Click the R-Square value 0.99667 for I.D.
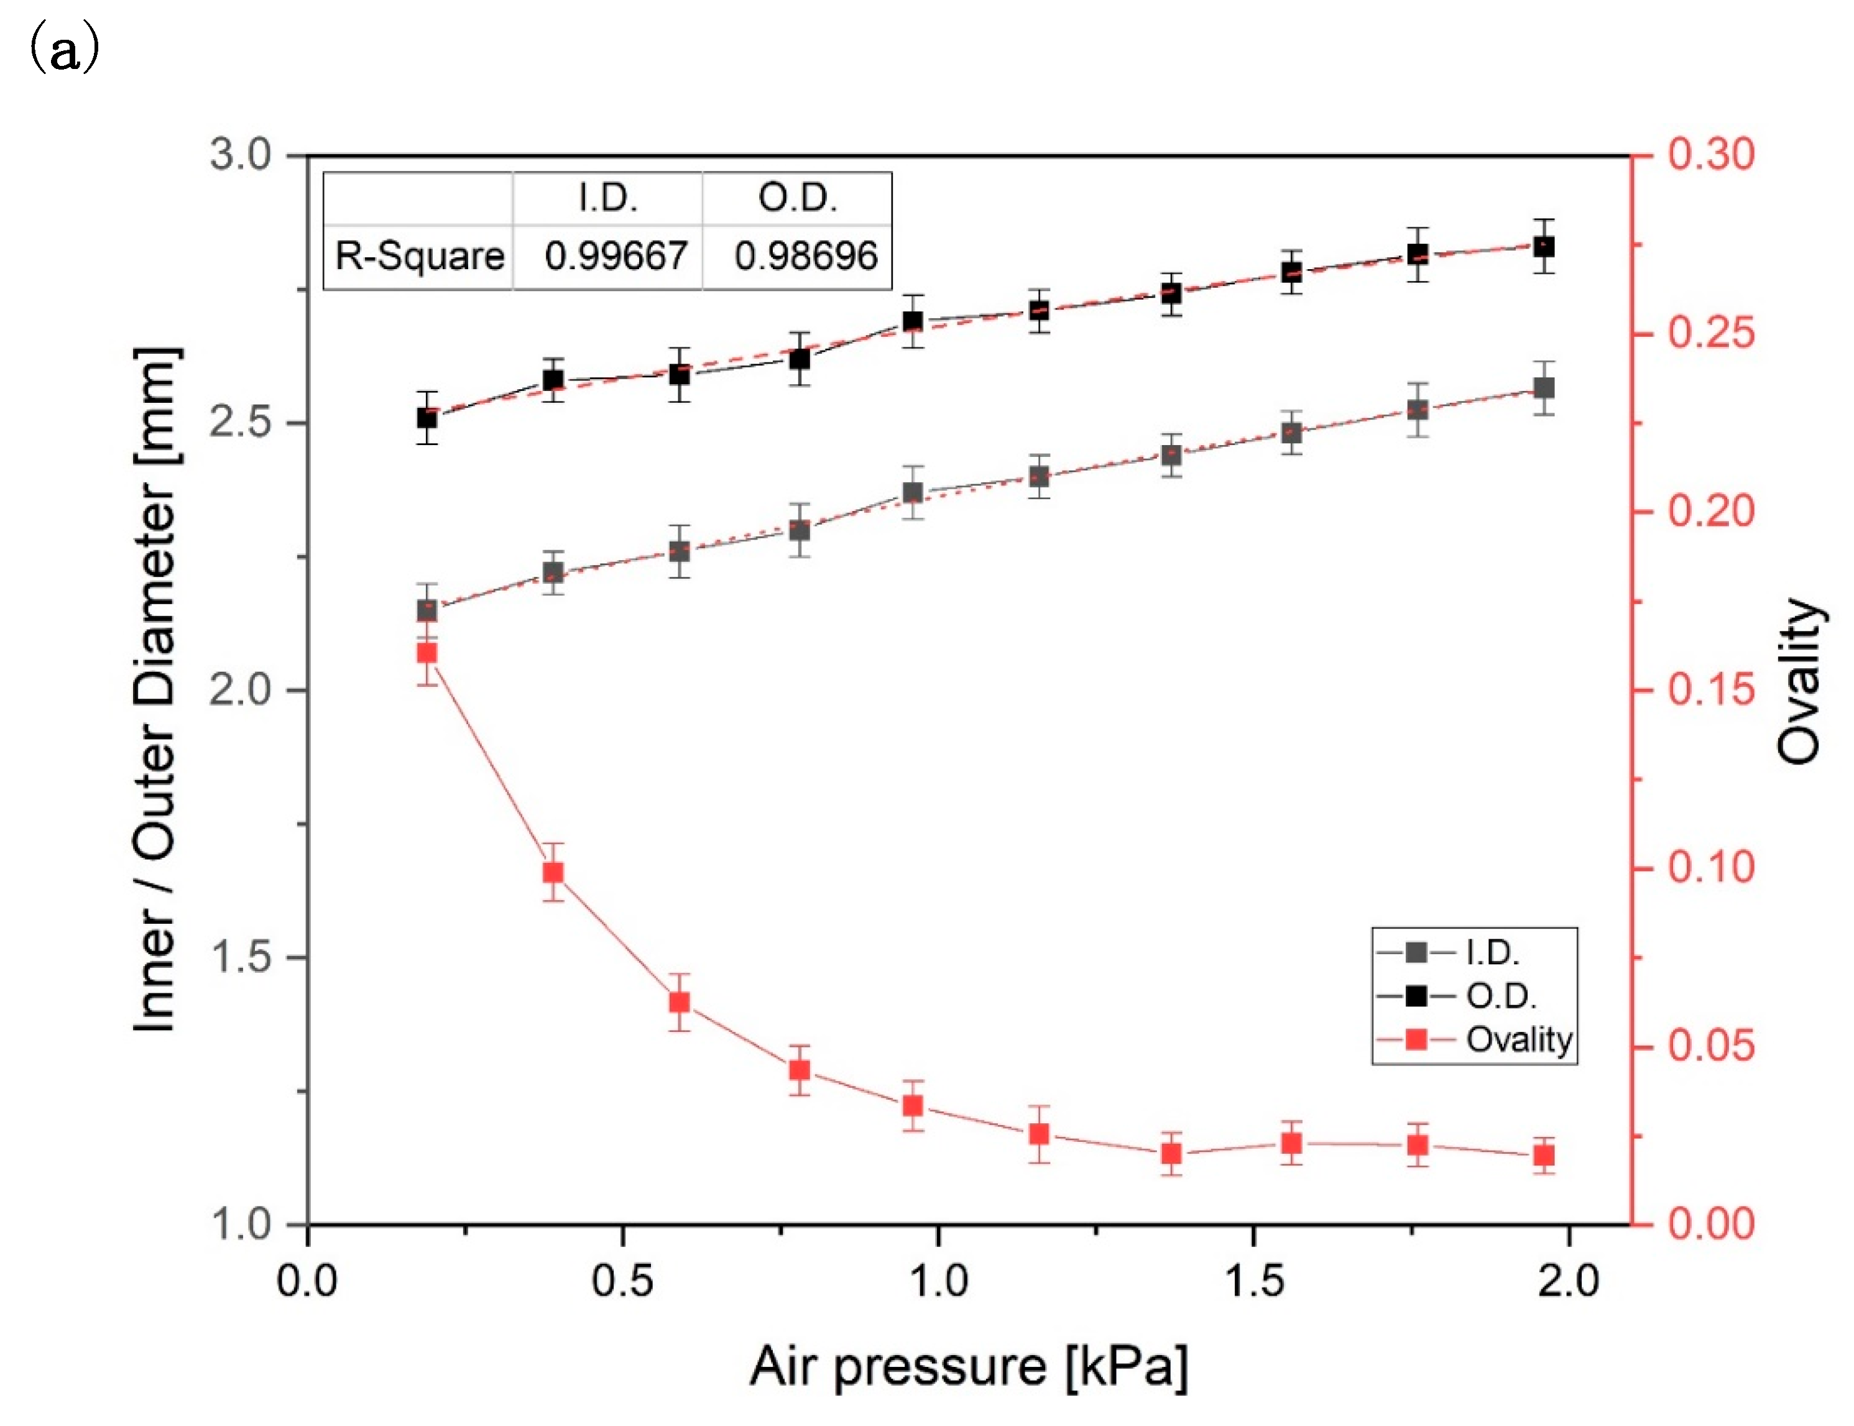616,255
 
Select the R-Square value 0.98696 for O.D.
805,255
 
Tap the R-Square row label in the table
419,255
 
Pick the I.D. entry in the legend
1492,952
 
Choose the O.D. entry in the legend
1501,996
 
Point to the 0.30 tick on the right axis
1710,155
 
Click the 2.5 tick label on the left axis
239,422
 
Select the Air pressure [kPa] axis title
968,1366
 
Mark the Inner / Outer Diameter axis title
157,689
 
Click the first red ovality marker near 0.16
427,653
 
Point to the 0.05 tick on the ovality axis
1710,1045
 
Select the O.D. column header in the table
797,199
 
